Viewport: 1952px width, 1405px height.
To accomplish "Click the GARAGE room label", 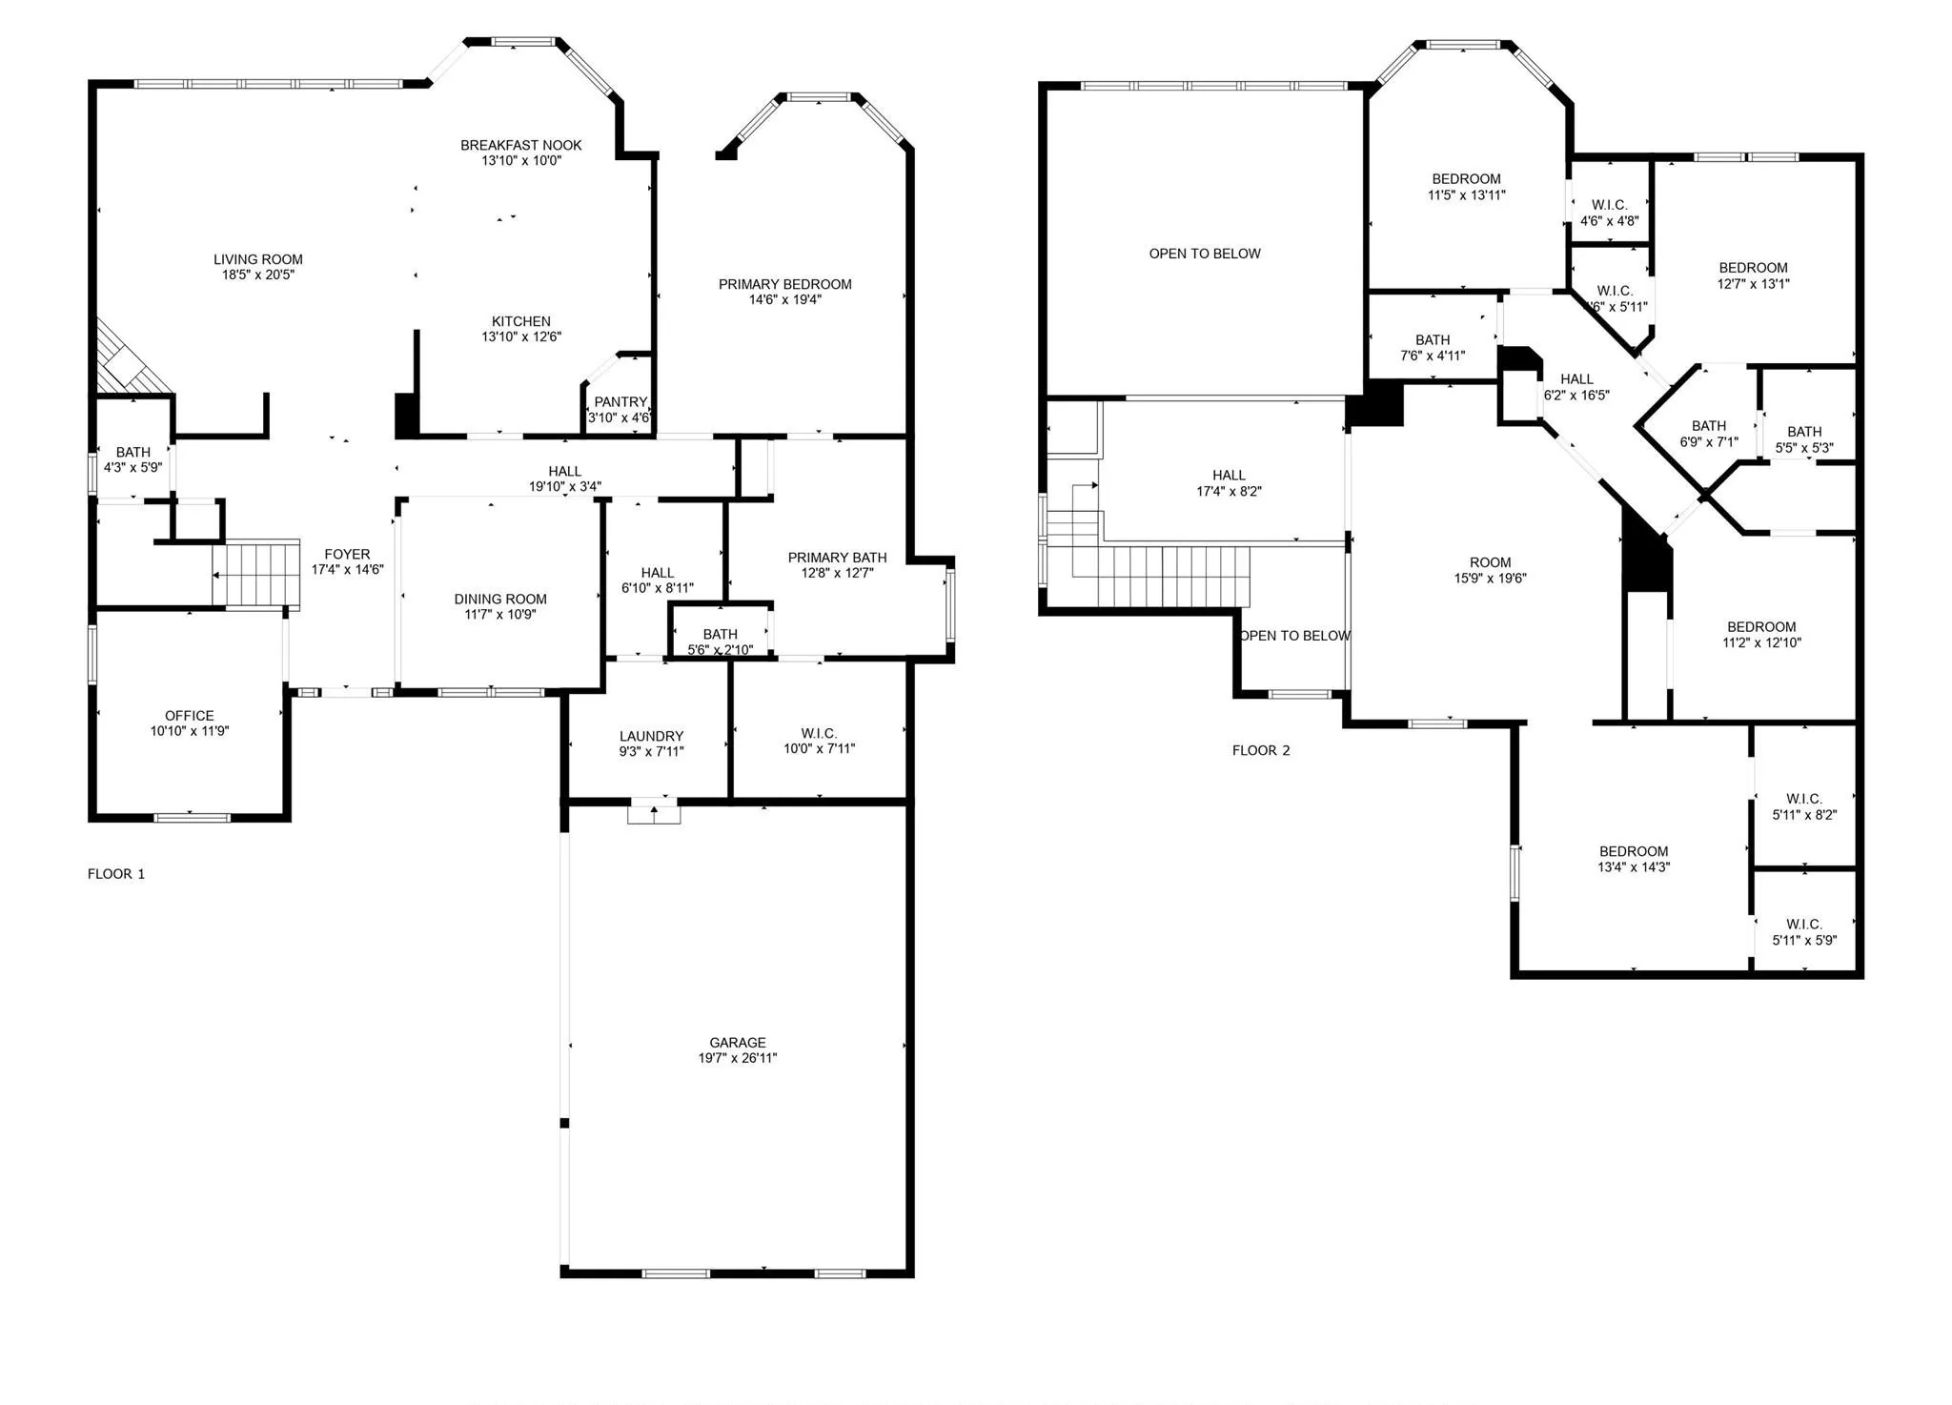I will click(737, 1042).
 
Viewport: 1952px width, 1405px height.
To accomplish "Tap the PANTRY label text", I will click(620, 402).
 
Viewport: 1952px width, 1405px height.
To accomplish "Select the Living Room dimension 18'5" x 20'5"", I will click(258, 275).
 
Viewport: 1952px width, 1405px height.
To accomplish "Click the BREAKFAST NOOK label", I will click(520, 145).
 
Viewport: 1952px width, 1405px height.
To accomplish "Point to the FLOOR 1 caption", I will click(116, 873).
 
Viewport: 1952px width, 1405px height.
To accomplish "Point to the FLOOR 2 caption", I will click(1260, 750).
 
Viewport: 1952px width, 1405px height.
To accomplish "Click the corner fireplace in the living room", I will click(128, 360).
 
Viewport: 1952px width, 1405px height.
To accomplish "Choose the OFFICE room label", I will click(189, 715).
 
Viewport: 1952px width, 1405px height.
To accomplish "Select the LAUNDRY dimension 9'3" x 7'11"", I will click(651, 751).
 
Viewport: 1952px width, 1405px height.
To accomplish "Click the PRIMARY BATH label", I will click(837, 557).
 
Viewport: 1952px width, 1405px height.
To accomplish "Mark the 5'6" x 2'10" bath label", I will click(720, 650).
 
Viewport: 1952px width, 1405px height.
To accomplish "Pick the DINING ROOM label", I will click(499, 599).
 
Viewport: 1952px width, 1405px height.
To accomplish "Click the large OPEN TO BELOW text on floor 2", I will click(1204, 254).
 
